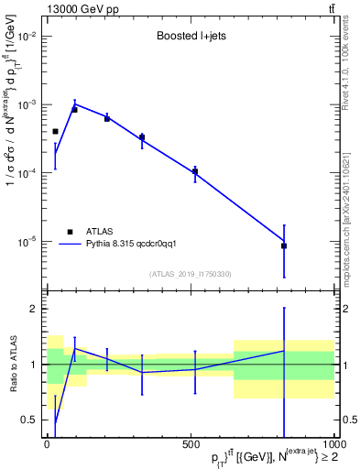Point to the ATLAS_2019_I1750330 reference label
190,274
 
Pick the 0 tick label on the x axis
48,445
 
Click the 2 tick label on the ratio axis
34,310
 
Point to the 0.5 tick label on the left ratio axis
30,420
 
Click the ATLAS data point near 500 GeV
195,171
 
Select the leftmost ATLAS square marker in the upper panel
55,132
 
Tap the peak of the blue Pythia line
75,104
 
